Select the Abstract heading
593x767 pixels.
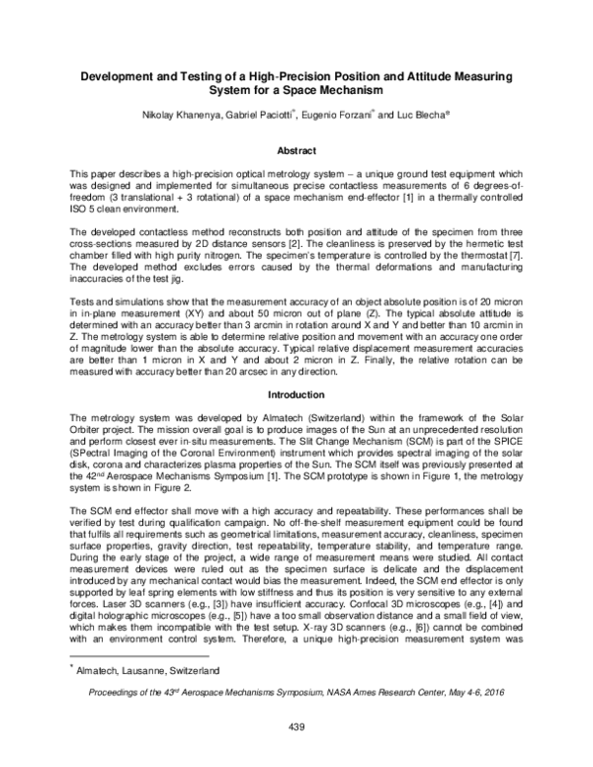click(296, 150)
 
